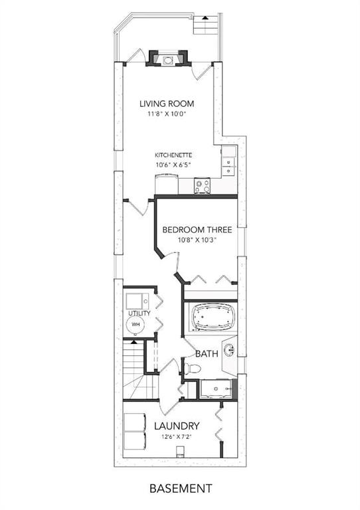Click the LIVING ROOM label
tap(167, 104)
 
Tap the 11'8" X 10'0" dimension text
tap(167, 114)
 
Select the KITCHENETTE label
tap(173, 155)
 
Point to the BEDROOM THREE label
tap(197, 230)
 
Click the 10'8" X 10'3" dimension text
tap(197, 240)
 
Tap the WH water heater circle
tap(135, 325)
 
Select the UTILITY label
tap(139, 313)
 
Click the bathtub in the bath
tap(211, 317)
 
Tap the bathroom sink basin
tap(230, 350)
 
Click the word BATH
tap(207, 354)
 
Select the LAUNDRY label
tap(176, 426)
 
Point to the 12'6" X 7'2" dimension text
tap(176, 437)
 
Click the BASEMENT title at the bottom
tap(181, 488)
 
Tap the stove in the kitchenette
tap(203, 187)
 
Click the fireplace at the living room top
tap(167, 58)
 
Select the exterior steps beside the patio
tap(205, 25)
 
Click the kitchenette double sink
tap(229, 166)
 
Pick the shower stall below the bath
tap(217, 388)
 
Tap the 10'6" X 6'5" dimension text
tap(173, 165)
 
